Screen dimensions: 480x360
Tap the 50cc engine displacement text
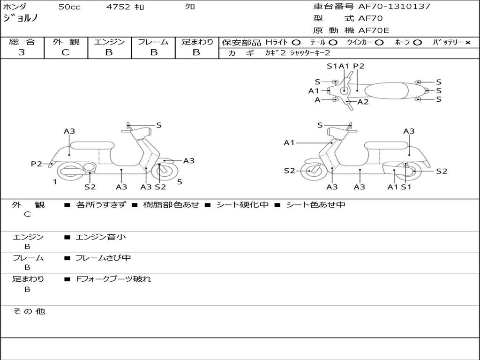[x=68, y=7]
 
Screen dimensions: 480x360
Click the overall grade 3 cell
[x=22, y=52]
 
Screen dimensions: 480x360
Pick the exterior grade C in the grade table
[x=66, y=52]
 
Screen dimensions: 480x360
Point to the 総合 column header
[x=22, y=42]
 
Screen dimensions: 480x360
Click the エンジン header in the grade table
[x=109, y=42]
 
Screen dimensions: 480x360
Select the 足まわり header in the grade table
[x=197, y=42]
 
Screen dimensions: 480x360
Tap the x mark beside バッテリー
[x=467, y=42]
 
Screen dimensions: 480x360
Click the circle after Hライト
[x=296, y=42]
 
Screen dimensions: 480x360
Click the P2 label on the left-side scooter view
[x=37, y=164]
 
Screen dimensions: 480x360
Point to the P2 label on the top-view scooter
[x=359, y=66]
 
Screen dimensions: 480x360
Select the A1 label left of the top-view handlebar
[x=314, y=90]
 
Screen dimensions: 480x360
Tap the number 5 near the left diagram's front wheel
[x=180, y=182]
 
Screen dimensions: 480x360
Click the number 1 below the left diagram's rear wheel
[x=55, y=182]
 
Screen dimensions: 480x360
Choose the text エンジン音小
[x=101, y=237]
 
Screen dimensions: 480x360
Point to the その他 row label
[x=29, y=311]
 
